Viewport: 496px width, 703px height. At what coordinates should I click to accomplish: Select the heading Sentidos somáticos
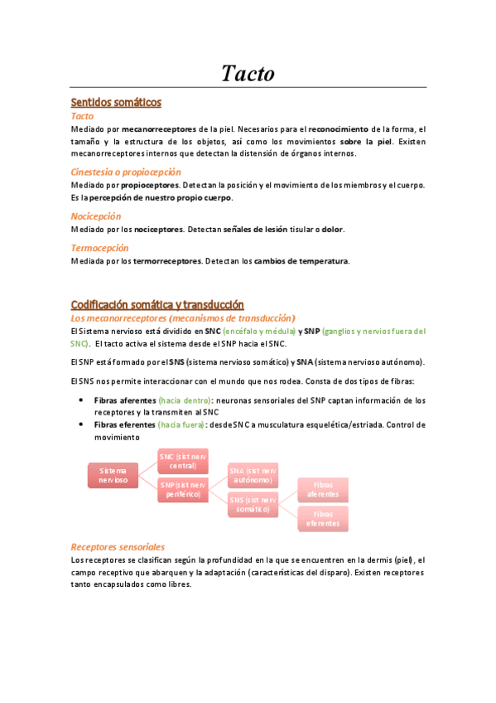[116, 103]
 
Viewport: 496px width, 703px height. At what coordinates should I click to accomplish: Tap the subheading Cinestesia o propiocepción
[126, 172]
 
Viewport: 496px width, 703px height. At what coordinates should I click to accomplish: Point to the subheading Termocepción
[99, 247]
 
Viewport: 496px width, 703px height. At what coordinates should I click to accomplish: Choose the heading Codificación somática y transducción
[157, 305]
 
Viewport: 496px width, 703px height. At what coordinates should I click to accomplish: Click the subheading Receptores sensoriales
[118, 546]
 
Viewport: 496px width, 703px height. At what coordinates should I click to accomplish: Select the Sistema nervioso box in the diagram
[113, 475]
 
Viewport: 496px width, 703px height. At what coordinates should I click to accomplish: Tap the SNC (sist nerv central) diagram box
[183, 461]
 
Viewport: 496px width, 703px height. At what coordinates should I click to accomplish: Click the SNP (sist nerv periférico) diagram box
[183, 489]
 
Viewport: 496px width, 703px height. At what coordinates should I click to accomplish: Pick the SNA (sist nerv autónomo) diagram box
[253, 475]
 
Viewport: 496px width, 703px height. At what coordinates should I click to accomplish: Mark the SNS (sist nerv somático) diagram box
[253, 504]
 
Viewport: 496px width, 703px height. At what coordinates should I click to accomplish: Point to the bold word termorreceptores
[167, 261]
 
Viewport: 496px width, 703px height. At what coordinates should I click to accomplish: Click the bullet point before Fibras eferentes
[80, 424]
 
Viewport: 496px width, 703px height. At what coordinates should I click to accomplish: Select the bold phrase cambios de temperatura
[301, 261]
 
